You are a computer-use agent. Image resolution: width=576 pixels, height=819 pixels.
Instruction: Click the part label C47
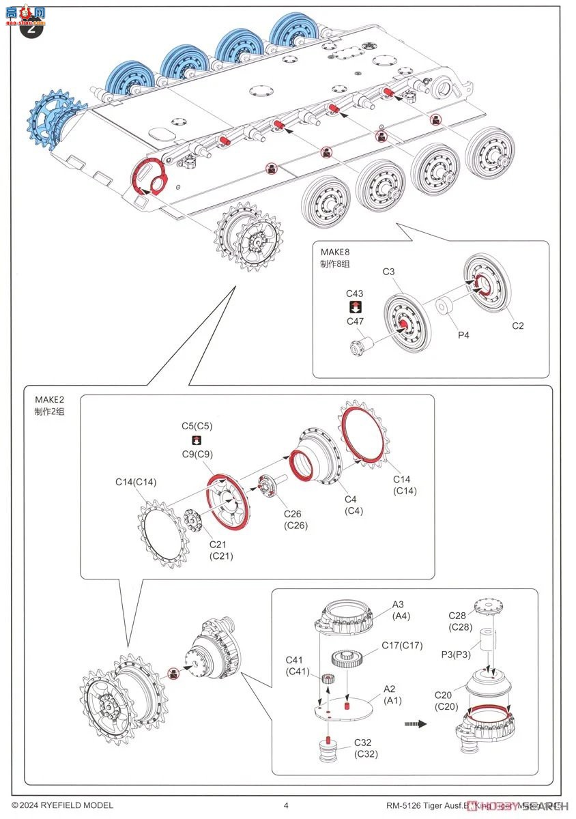pos(355,321)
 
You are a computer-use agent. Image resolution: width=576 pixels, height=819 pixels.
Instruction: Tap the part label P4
pos(463,335)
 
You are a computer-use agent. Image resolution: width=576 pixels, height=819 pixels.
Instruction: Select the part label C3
pos(388,272)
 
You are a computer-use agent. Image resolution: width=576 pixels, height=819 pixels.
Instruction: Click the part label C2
pos(518,326)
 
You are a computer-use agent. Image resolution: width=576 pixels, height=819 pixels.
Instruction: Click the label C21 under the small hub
pos(221,549)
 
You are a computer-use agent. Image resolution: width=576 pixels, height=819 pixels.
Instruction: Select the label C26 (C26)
pos(296,519)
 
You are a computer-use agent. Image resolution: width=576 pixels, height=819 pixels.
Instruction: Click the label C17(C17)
pos(402,645)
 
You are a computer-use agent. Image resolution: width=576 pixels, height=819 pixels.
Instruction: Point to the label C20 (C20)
pos(448,701)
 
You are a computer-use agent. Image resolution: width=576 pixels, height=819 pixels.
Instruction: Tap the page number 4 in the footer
pos(286,805)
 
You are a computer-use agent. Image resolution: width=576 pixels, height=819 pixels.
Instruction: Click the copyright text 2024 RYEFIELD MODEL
pos(62,805)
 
